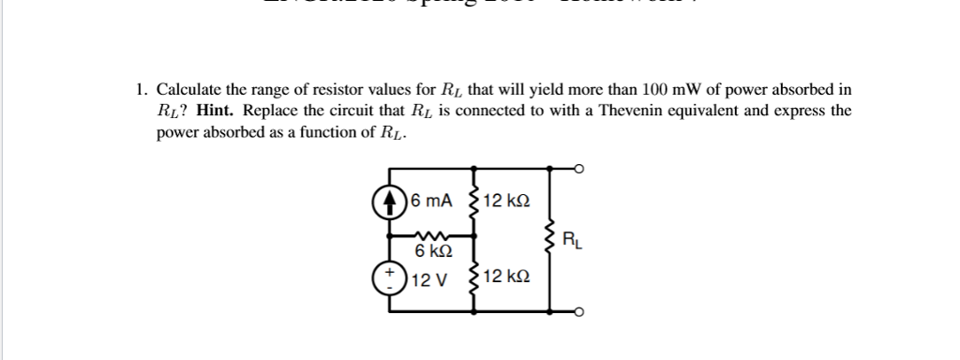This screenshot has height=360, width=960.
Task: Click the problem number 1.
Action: pyautogui.click(x=139, y=91)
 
